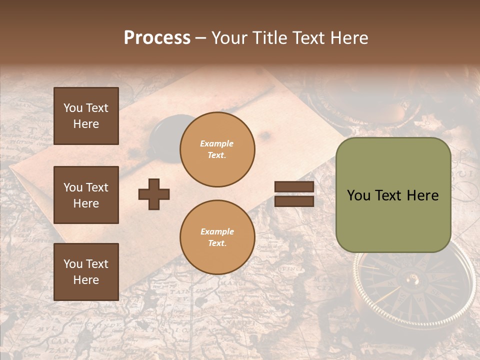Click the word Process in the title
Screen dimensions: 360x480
[157, 38]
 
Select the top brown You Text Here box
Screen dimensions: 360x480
[86, 116]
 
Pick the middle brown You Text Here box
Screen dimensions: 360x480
[86, 195]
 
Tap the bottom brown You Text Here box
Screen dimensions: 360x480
[86, 271]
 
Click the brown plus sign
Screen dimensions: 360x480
[154, 194]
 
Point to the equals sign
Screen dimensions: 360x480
[294, 194]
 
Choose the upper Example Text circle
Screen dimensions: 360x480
[217, 149]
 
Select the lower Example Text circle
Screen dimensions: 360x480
[217, 237]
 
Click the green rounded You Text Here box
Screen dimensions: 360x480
[393, 195]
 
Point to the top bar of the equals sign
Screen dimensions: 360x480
[294, 187]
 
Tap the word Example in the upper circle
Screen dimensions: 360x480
[216, 144]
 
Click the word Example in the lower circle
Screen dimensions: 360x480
[217, 232]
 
